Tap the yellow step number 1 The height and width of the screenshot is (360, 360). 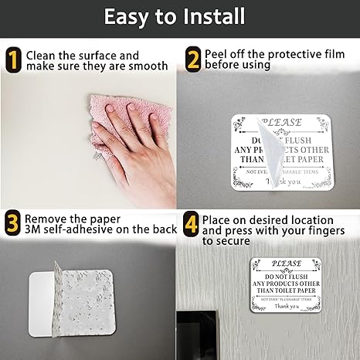(12, 60)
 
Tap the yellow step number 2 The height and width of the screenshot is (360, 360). (193, 60)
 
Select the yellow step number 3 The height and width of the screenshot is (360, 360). (12, 223)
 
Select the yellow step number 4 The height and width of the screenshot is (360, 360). (192, 223)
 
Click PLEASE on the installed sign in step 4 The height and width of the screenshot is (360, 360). (287, 264)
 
